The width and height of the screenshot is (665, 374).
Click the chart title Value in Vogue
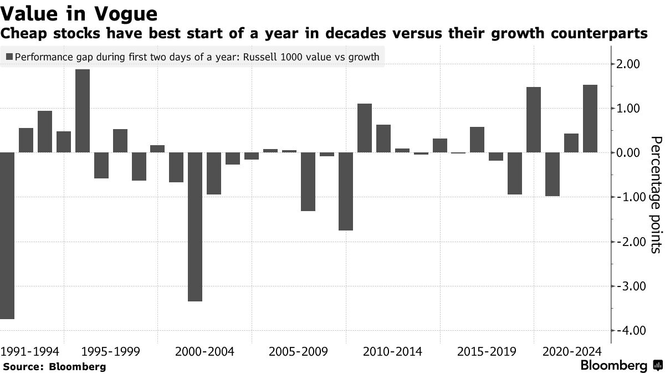[79, 13]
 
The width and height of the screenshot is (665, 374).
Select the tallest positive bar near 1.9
[83, 111]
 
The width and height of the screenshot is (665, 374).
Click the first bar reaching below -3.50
[7, 235]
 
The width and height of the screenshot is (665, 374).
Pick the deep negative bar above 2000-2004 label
[195, 227]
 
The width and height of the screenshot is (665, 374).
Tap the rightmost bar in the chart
[590, 119]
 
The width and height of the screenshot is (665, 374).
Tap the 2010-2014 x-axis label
[392, 352]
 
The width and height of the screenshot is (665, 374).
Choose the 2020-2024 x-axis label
[571, 352]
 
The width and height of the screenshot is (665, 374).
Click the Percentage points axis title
[655, 194]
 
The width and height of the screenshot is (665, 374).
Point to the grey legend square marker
[9, 57]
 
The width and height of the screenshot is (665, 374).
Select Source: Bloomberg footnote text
[54, 366]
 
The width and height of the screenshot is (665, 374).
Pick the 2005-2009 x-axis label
[298, 352]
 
